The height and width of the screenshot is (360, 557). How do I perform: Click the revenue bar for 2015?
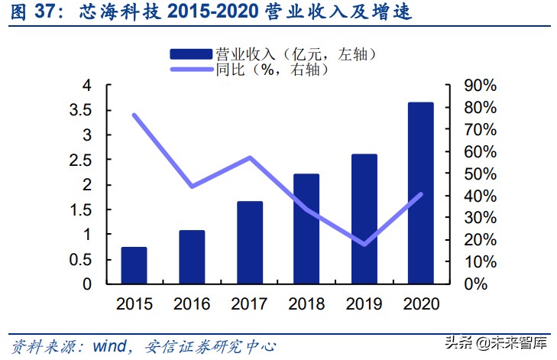tap(134, 265)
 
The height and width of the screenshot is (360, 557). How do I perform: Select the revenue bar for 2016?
tap(192, 257)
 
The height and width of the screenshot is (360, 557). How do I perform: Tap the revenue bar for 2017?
tap(249, 242)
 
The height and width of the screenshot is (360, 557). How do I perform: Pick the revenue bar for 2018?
tap(306, 229)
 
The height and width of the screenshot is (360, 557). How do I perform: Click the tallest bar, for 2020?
tap(421, 193)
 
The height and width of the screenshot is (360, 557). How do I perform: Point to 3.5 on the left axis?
tap(81, 110)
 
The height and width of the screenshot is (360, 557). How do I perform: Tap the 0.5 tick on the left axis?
tap(81, 259)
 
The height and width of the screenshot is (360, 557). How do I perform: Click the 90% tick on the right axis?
tap(481, 85)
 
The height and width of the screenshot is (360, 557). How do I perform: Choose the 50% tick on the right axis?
tap(481, 174)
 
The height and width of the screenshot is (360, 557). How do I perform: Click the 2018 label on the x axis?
tap(306, 303)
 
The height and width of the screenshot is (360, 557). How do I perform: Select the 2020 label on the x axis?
tap(421, 303)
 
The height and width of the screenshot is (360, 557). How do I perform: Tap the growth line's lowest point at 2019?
tap(364, 245)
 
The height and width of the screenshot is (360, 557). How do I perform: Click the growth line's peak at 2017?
tap(249, 158)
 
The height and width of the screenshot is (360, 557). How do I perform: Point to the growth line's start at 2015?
tap(134, 115)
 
